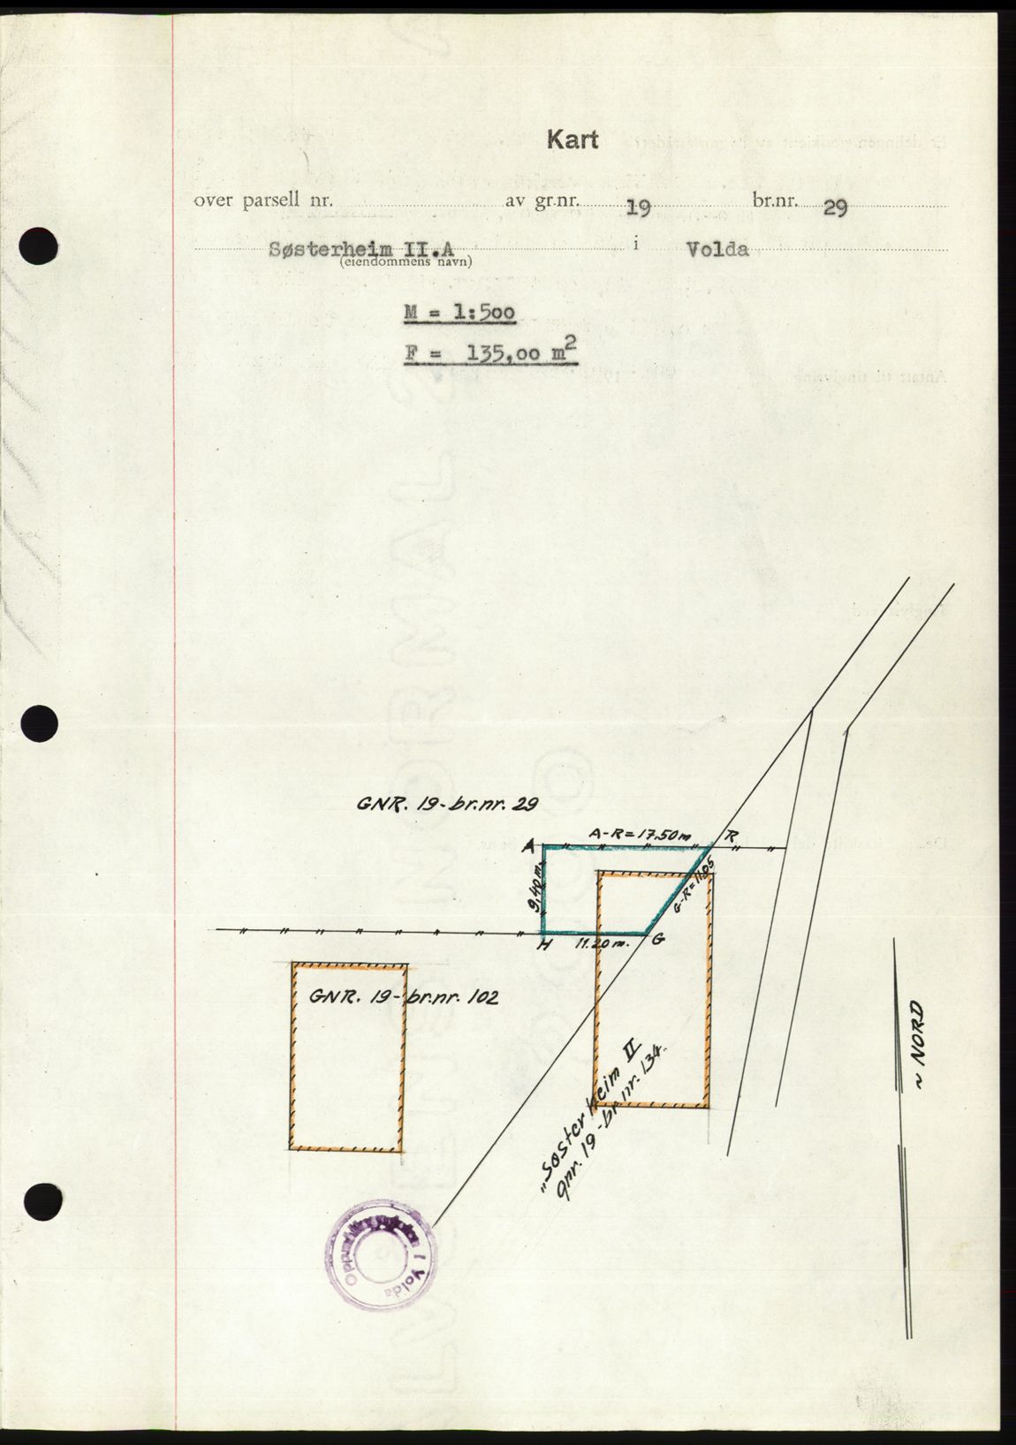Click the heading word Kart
(x=572, y=140)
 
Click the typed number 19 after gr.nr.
(x=638, y=208)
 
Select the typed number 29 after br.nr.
(x=835, y=208)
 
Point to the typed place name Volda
(x=717, y=249)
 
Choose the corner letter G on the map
(x=657, y=942)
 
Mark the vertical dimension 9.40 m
(x=530, y=892)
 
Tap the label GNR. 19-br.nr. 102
(x=404, y=998)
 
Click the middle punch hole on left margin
(x=38, y=724)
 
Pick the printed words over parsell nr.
(x=263, y=200)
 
